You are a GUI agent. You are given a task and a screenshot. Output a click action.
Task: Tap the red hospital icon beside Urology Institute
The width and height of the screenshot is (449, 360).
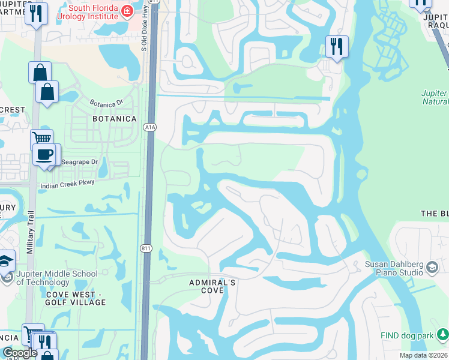click(127, 11)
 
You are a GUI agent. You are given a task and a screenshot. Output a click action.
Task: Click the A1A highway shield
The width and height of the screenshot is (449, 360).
click(150, 127)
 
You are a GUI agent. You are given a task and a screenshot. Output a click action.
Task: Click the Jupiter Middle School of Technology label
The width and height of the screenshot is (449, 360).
click(56, 278)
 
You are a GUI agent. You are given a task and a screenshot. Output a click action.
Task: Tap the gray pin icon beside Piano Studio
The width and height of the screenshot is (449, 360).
click(433, 266)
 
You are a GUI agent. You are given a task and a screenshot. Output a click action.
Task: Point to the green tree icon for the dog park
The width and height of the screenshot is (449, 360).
click(442, 334)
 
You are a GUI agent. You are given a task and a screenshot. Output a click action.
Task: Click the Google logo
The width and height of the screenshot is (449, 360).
click(20, 353)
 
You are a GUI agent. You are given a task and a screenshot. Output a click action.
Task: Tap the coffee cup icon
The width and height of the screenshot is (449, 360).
click(44, 154)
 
